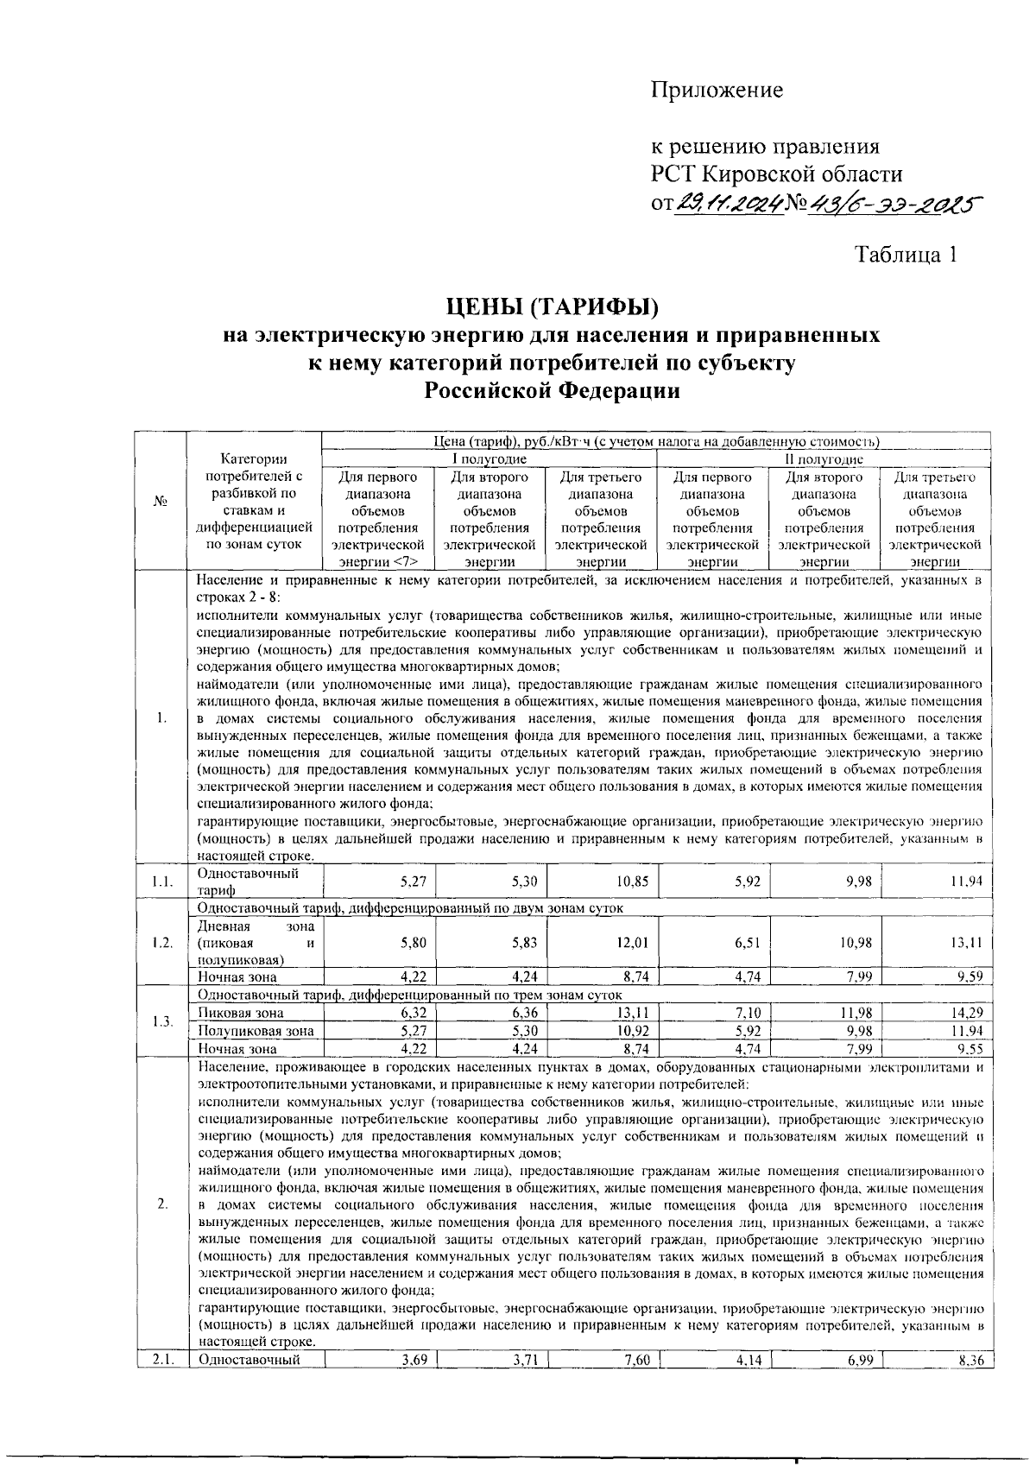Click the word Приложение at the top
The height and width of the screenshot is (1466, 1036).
(x=717, y=90)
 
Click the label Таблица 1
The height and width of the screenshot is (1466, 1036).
(x=906, y=255)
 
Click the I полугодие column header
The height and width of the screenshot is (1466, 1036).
(x=490, y=459)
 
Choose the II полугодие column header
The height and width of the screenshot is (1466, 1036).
(x=824, y=459)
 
